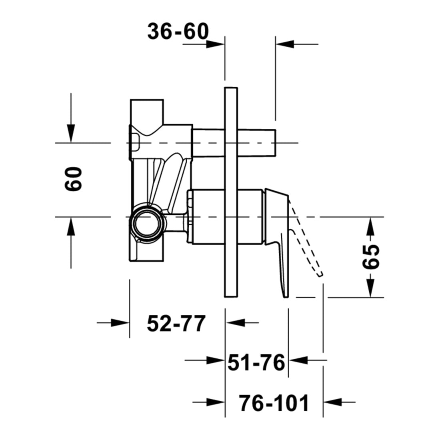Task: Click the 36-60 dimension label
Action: [178, 31]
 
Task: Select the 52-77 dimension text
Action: [176, 324]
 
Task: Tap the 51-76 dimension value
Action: [256, 362]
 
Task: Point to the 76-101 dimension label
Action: [274, 403]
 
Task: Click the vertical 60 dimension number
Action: [74, 179]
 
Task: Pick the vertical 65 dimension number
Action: [371, 256]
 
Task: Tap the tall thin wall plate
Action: [231, 192]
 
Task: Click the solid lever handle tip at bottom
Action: [285, 295]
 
